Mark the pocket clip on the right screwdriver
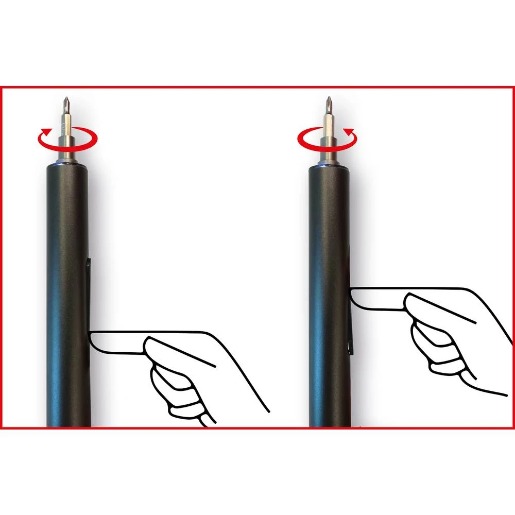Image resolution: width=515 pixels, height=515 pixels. pos(352,330)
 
